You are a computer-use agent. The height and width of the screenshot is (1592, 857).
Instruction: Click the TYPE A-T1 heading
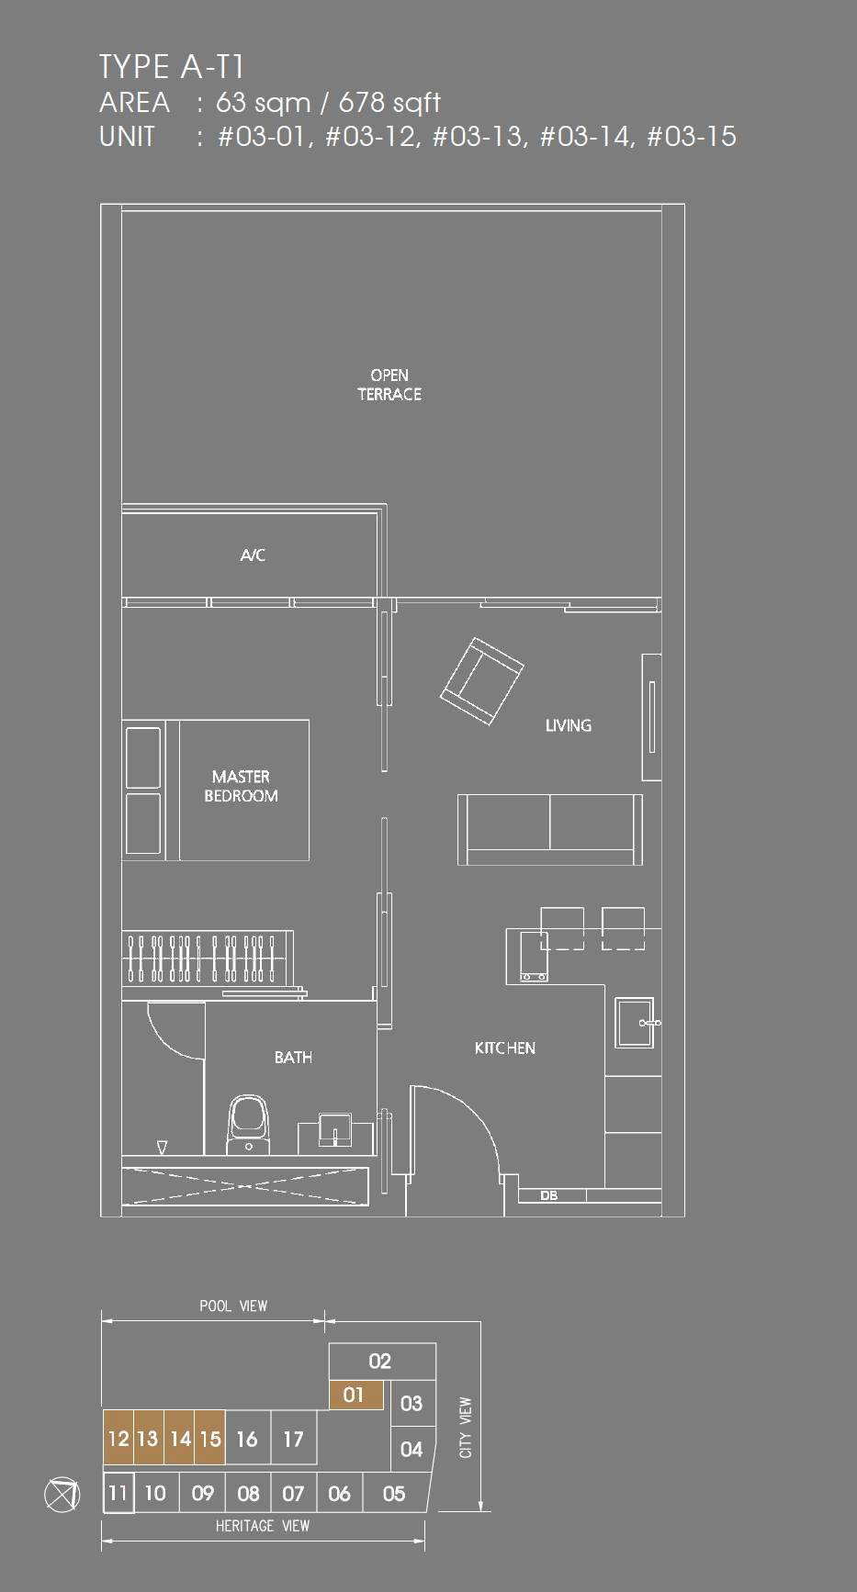point(171,67)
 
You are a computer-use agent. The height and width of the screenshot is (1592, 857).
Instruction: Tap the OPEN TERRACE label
point(389,385)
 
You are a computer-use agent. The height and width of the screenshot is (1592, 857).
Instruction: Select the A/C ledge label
point(253,555)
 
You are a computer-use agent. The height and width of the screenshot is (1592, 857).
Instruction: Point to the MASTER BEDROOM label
point(241,786)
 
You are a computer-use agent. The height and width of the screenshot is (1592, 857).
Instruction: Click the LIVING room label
point(569,725)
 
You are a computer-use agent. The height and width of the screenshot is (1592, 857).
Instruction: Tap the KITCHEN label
point(505,1048)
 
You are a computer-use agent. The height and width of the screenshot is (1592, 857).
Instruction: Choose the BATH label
point(293,1058)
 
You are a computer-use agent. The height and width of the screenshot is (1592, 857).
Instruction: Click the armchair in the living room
point(482,681)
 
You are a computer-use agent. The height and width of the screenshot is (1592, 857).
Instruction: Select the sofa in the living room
point(550,830)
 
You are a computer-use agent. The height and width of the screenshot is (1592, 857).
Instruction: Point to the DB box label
point(549,1195)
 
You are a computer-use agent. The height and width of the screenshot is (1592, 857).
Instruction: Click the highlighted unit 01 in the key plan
point(355,1395)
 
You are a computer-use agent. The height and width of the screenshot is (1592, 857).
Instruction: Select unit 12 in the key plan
point(118,1438)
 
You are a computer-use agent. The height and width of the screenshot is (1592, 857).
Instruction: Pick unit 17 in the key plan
point(293,1439)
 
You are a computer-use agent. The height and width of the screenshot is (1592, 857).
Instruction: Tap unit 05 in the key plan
point(395,1494)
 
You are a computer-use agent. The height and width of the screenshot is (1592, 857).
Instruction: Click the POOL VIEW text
point(233,1306)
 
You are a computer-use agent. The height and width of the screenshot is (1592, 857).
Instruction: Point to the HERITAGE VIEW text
point(263,1526)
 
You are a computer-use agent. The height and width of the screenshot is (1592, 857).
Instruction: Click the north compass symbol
point(62,1495)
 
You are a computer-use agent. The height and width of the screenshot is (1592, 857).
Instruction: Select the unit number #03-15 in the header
point(692,137)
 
